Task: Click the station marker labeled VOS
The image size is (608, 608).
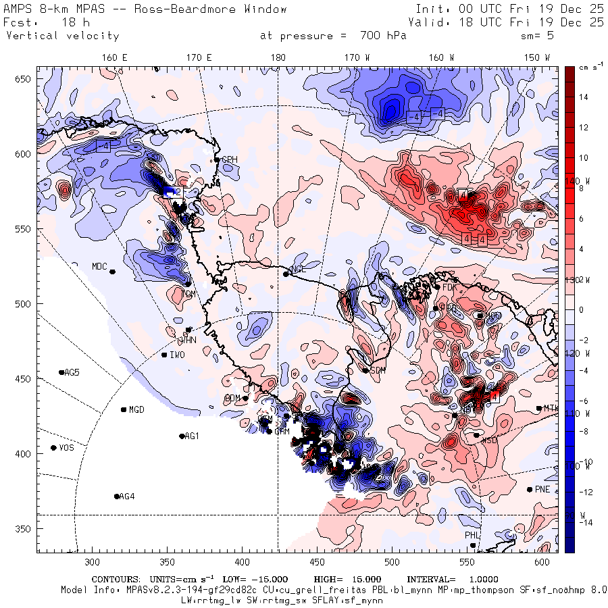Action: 53,448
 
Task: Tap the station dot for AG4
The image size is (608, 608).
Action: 117,497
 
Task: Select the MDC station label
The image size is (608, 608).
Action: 100,267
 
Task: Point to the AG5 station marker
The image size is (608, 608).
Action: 61,372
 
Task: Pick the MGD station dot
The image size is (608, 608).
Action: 124,409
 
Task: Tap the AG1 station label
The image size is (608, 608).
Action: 192,436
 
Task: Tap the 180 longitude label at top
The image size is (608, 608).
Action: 278,57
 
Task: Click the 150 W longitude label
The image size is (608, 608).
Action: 538,57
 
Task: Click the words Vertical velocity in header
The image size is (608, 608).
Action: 62,36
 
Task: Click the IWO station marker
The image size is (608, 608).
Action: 164,355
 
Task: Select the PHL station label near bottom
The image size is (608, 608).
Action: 472,535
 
